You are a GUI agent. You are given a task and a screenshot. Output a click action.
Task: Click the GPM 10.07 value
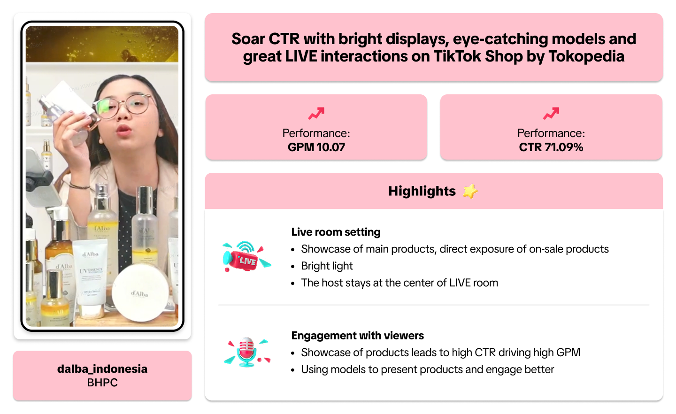pos(316,147)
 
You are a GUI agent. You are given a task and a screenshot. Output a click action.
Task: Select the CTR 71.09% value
pos(551,147)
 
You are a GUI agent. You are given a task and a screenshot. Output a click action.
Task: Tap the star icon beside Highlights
pos(470,191)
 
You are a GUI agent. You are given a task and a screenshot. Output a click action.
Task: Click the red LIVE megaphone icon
pos(246,256)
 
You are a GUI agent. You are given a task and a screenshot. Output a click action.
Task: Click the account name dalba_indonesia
pos(102,369)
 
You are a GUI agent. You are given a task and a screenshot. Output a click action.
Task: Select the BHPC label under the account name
pos(102,383)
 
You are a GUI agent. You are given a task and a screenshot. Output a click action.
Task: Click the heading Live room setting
pos(336,232)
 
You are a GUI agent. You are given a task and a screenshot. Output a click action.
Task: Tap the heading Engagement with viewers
pos(358,336)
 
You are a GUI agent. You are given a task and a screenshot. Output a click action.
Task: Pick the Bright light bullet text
pos(327,266)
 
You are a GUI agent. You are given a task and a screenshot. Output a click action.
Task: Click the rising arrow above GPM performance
pos(316,114)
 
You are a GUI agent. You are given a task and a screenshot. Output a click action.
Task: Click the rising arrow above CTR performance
pos(551,114)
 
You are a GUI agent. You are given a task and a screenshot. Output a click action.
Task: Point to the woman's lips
pos(124,130)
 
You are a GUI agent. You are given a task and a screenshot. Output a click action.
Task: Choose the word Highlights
pos(422,191)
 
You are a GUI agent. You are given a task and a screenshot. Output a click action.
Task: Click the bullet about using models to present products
pos(428,370)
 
